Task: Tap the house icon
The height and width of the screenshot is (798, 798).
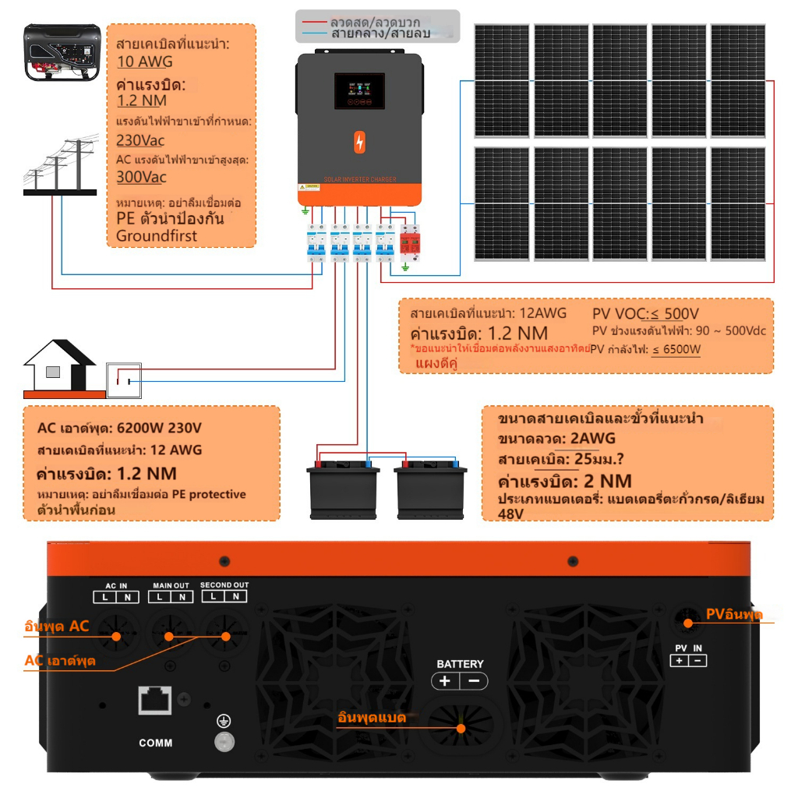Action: click(59, 365)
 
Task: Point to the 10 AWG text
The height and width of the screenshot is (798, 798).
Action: click(145, 62)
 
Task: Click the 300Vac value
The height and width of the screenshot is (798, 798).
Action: click(141, 177)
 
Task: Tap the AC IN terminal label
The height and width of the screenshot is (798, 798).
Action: click(116, 586)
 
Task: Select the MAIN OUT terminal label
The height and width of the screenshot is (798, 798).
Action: click(171, 586)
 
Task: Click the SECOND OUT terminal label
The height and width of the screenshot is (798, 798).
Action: click(224, 585)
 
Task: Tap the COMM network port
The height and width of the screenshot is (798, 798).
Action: click(155, 700)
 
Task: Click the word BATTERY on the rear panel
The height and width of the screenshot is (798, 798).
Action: click(460, 664)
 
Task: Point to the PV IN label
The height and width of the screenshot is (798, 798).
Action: click(688, 648)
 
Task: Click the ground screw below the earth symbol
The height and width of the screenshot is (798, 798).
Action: click(224, 741)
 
